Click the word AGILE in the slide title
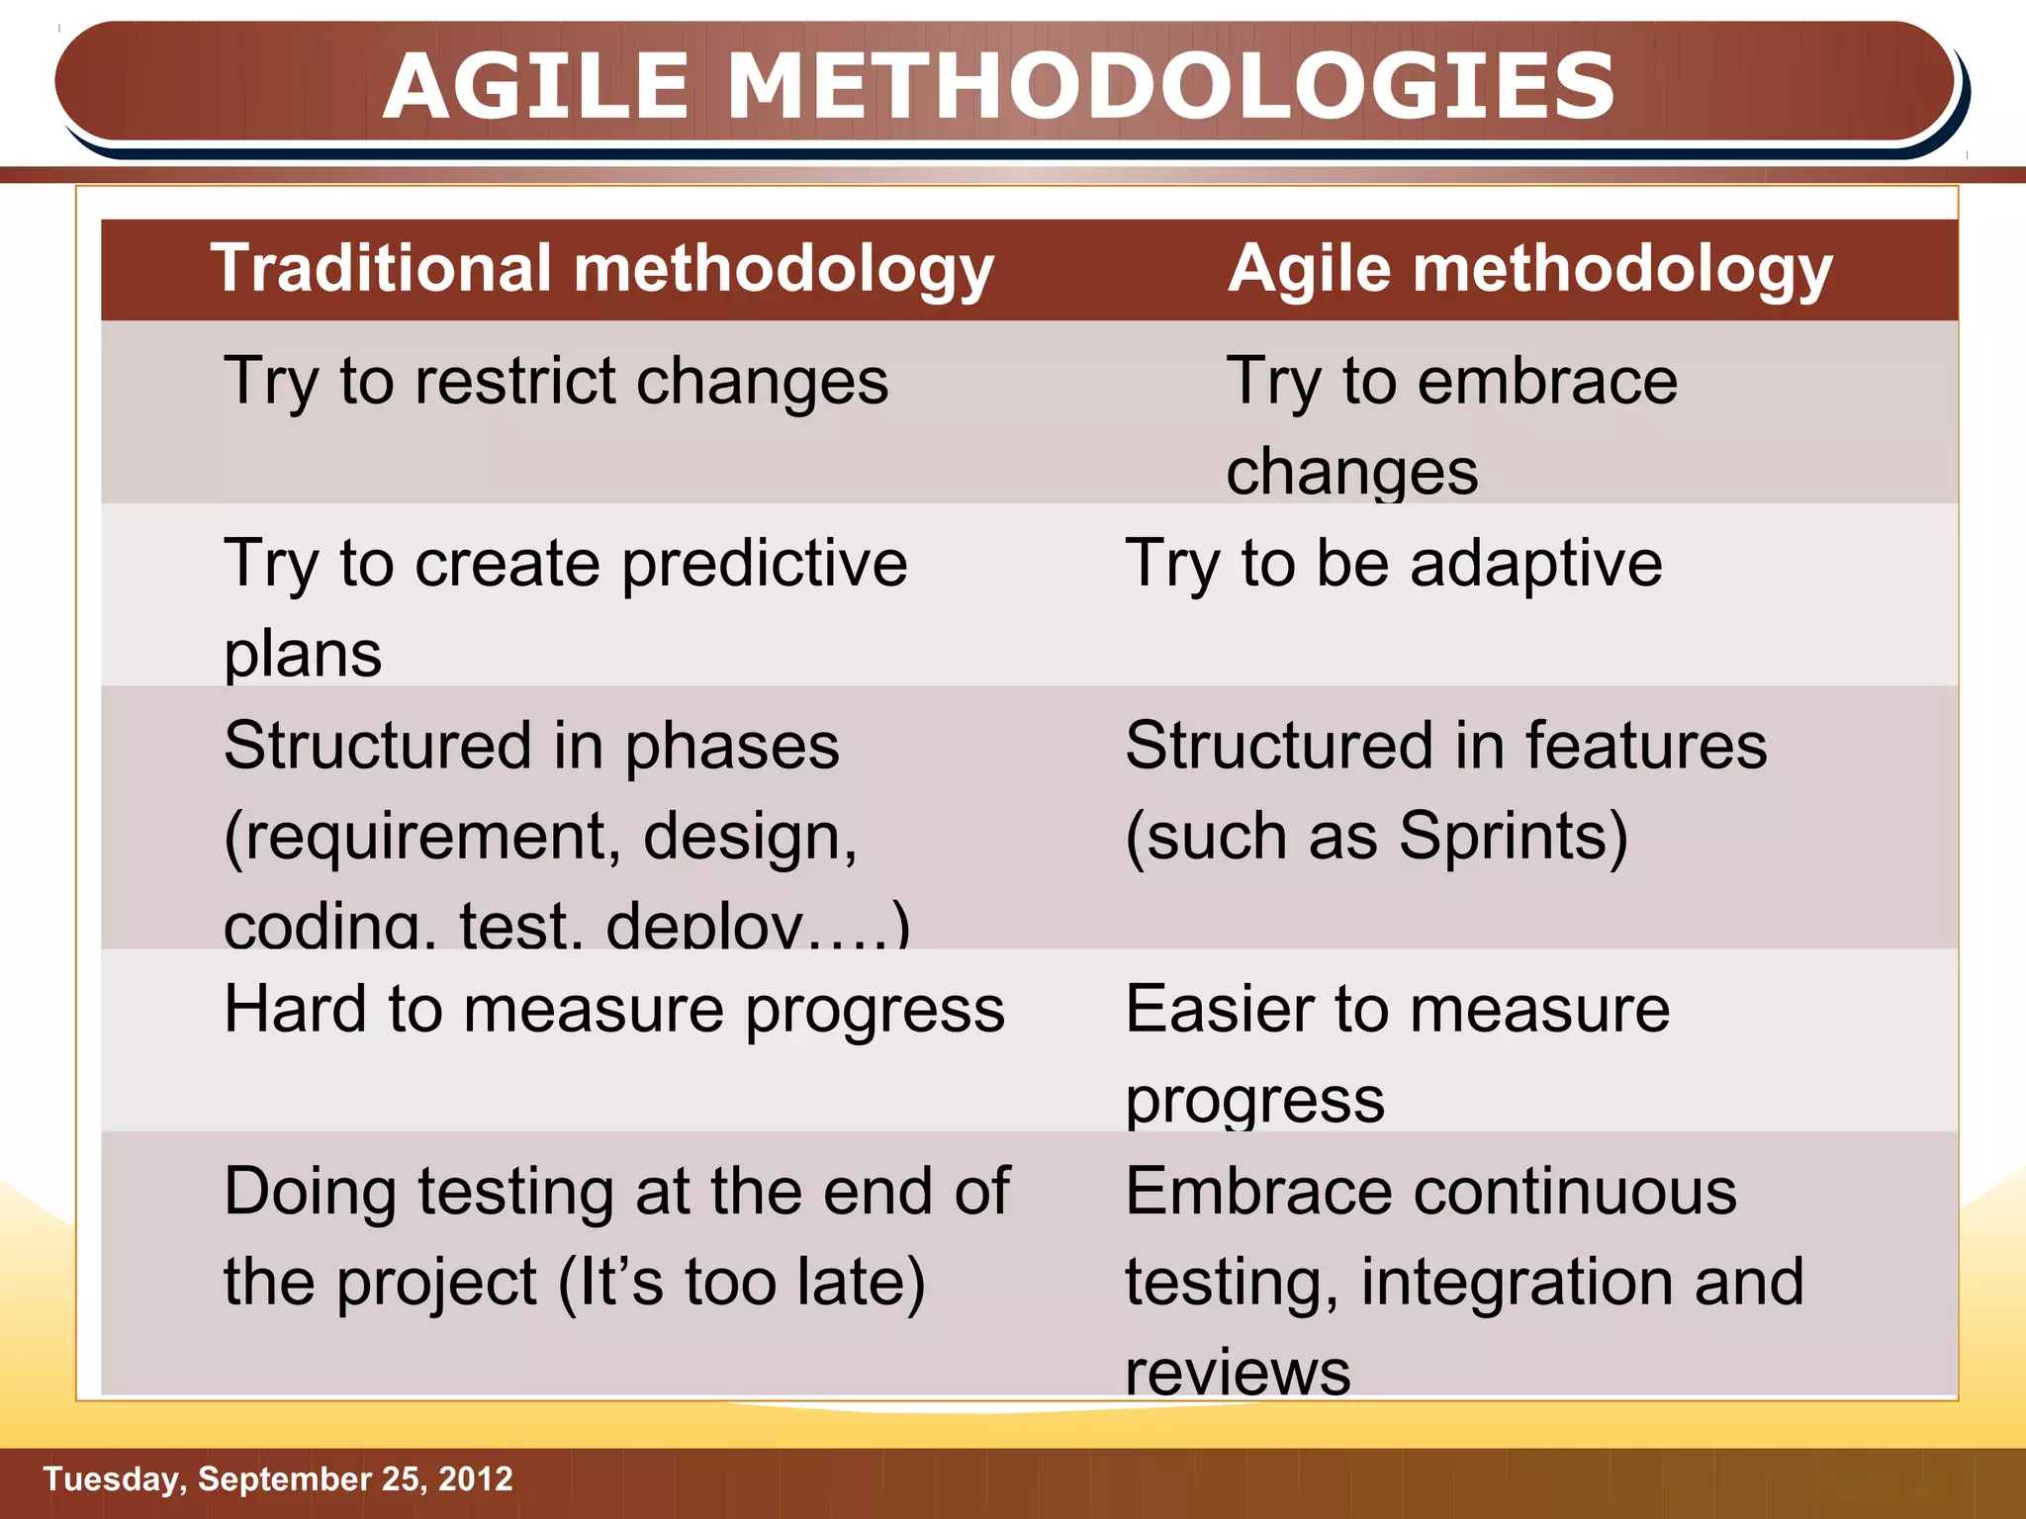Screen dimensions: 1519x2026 click(535, 87)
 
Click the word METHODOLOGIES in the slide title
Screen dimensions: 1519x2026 click(1171, 87)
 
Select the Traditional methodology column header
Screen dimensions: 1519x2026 click(601, 269)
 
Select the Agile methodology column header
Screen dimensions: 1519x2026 click(1529, 269)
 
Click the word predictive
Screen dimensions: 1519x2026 click(765, 564)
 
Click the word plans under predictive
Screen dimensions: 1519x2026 click(303, 654)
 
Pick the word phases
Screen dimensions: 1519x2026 click(732, 746)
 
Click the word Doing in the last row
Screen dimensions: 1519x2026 click(310, 1191)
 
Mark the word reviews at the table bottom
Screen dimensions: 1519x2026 click(1238, 1373)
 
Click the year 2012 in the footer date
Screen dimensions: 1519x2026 click(475, 1478)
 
